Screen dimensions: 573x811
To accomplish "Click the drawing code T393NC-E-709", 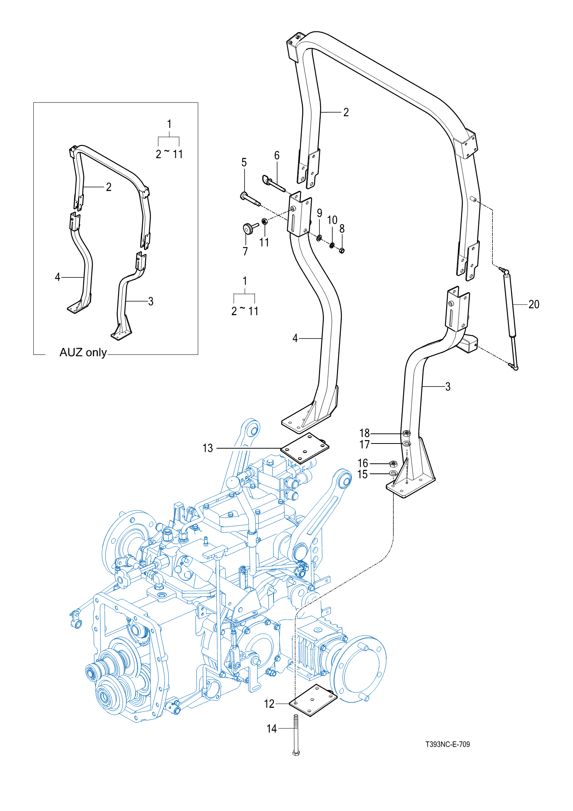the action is (x=448, y=744).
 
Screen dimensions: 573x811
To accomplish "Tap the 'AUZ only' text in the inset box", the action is (x=83, y=352).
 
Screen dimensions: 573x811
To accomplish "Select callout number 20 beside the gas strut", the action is (x=534, y=304).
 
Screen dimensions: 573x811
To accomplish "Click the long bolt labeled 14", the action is (x=296, y=735).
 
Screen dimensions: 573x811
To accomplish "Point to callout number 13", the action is (x=207, y=448).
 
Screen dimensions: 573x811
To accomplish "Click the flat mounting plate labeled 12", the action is (x=313, y=700).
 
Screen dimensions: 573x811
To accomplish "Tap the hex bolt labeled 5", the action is (x=250, y=199).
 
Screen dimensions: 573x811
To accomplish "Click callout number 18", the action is (x=364, y=433).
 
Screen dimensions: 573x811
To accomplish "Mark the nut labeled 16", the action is (x=393, y=464).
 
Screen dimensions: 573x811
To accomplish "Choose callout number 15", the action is (x=362, y=474).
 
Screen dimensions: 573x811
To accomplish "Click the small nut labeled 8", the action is (x=342, y=250).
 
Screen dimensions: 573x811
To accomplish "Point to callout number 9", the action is (x=319, y=213).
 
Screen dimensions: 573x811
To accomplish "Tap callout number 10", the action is (x=332, y=220).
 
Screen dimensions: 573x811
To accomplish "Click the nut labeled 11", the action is (x=264, y=221).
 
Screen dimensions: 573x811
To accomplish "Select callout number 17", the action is (x=364, y=444).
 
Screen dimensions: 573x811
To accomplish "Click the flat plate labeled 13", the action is (x=304, y=448).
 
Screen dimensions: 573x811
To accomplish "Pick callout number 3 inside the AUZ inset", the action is (x=151, y=301).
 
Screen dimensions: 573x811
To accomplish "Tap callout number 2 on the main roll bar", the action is (x=346, y=112).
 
